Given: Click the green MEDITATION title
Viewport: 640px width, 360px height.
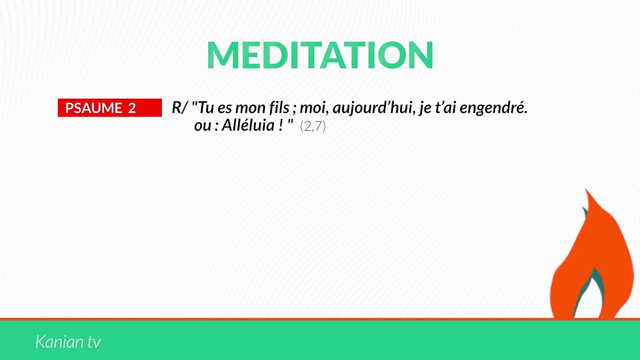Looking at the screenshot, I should coord(320,55).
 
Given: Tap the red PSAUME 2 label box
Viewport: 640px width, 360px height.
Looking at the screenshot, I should coord(109,108).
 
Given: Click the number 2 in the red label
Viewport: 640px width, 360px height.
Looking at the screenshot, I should coord(131,108).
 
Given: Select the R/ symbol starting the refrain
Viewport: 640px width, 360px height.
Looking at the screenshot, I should coord(179,108).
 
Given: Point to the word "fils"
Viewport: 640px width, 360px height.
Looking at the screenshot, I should coord(277,108).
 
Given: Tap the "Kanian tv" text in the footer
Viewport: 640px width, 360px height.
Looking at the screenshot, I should coord(68,342).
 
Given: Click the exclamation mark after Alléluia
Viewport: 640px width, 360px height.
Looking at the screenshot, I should coord(280,125).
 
